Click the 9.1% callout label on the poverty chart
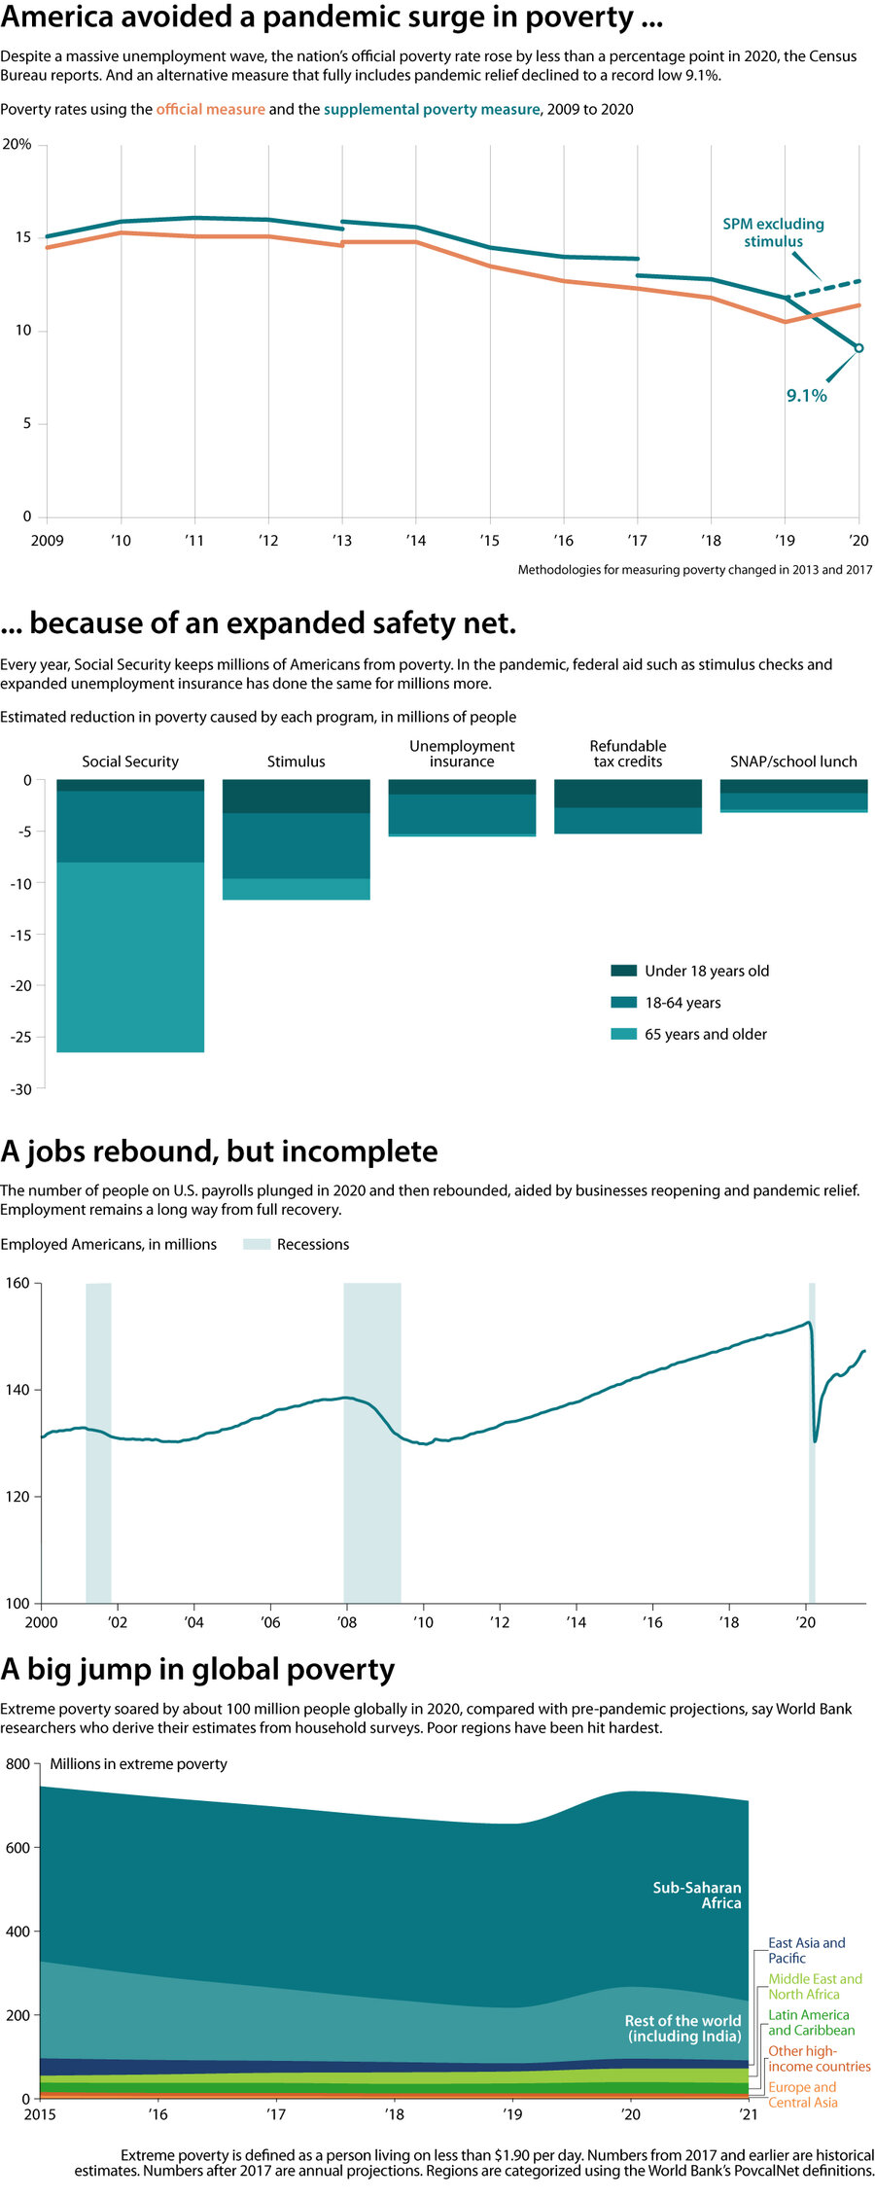tap(806, 395)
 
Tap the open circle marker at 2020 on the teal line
tap(858, 348)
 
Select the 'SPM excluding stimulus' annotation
tap(773, 232)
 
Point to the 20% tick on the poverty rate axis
tap(17, 144)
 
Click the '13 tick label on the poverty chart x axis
tap(341, 541)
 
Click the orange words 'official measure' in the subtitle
tap(210, 110)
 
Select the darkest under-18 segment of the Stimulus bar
tap(296, 797)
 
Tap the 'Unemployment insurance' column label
tap(462, 754)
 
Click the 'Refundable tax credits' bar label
tap(628, 754)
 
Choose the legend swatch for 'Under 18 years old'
tap(623, 971)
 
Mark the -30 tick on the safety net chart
tap(20, 1089)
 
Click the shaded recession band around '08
tap(371, 1439)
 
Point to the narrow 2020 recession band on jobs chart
tap(812, 1439)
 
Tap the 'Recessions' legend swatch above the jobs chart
tap(257, 1244)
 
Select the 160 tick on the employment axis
tap(17, 1283)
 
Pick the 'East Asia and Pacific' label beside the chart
tap(806, 1950)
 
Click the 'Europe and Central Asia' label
tap(802, 2095)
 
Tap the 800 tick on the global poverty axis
tap(17, 1764)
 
